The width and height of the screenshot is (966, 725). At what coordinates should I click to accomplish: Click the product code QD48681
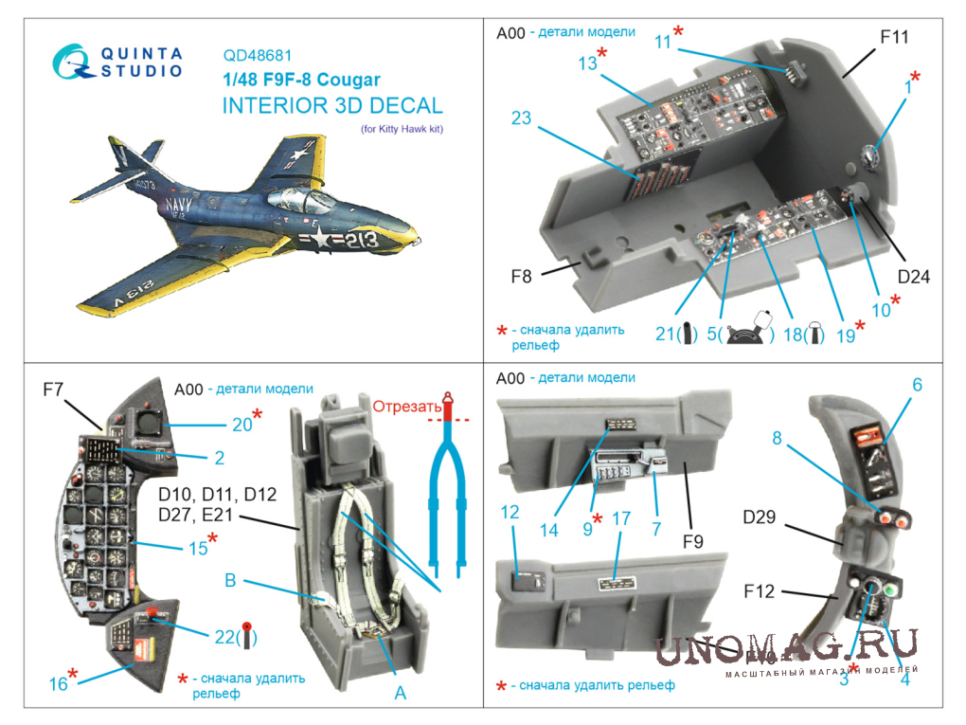[x=257, y=56]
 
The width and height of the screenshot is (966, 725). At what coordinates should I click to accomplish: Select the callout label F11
[x=894, y=37]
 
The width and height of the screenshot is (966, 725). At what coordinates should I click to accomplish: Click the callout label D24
[x=913, y=277]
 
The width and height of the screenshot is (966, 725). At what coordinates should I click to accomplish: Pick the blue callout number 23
[x=521, y=118]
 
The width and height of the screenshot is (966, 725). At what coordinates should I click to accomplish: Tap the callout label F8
[x=521, y=277]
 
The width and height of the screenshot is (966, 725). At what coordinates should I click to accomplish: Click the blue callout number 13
[x=587, y=63]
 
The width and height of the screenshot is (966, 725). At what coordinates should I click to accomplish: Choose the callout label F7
[x=53, y=390]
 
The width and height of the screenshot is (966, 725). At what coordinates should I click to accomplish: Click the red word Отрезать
[x=406, y=407]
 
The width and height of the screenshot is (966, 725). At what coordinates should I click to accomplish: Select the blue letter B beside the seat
[x=230, y=580]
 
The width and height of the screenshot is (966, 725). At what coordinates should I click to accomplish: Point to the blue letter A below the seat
[x=401, y=694]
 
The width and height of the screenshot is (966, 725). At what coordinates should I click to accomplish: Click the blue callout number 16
[x=59, y=683]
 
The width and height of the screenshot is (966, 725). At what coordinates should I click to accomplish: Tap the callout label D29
[x=759, y=517]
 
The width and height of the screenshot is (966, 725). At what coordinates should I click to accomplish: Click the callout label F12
[x=759, y=591]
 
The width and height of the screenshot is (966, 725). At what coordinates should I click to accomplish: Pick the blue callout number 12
[x=510, y=512]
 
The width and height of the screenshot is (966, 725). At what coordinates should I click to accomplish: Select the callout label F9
[x=693, y=542]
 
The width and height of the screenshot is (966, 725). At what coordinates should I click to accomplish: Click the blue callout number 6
[x=918, y=385]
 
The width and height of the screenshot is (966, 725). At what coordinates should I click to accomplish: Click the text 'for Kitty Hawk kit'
[x=402, y=129]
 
